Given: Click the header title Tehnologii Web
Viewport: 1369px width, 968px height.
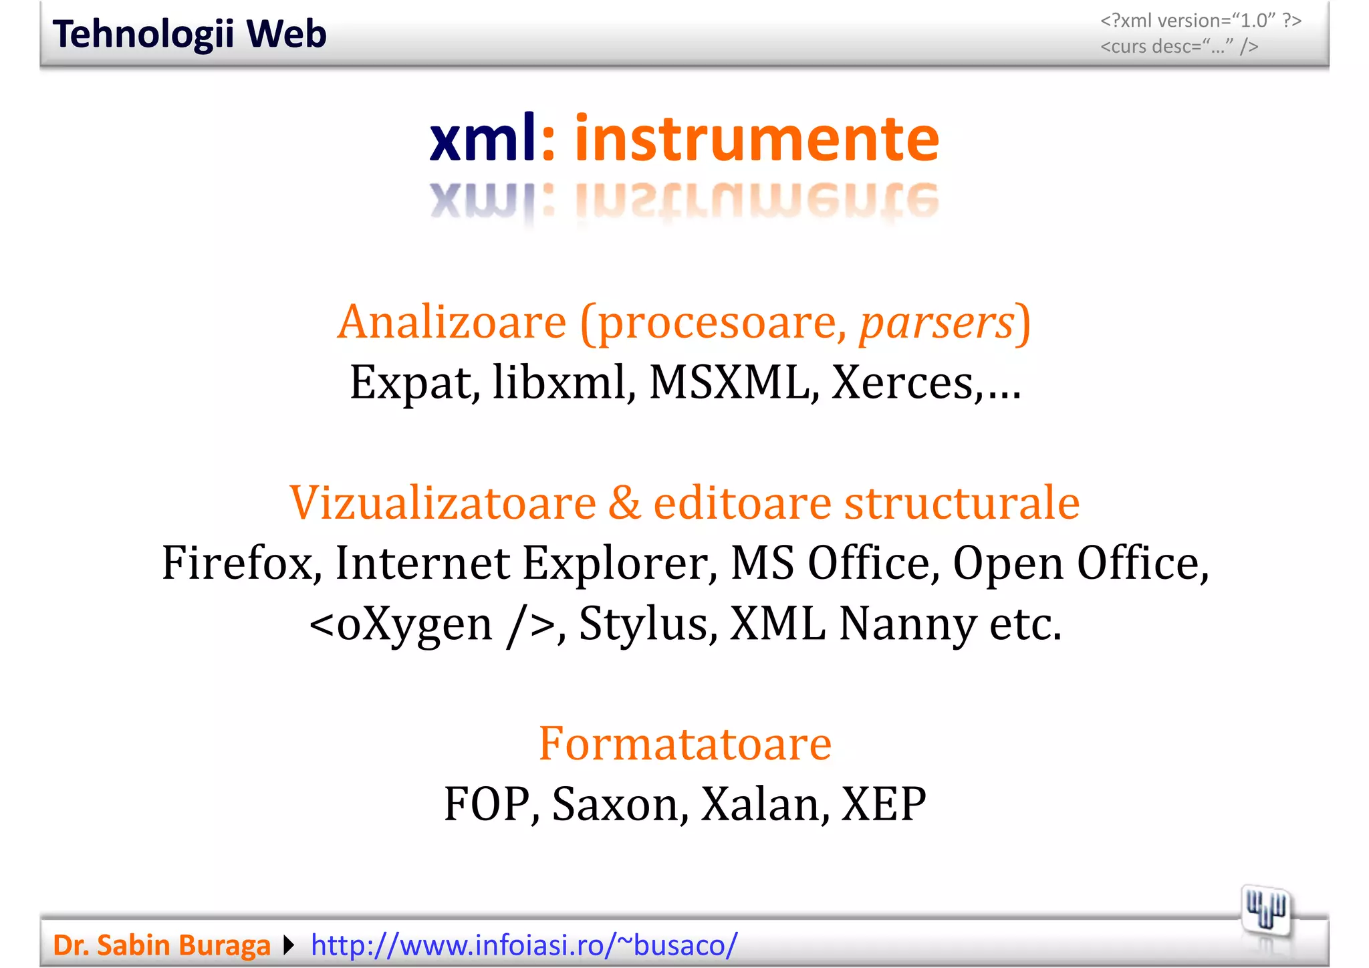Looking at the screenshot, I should (189, 34).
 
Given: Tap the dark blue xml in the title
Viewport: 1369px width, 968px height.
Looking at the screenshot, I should (483, 138).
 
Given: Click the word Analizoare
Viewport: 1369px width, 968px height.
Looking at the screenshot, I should (452, 323).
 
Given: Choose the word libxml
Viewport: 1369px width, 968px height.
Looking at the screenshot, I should (559, 384).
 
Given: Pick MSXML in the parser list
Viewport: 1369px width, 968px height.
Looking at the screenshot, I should (729, 384).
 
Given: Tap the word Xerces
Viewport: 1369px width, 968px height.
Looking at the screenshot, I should (902, 384).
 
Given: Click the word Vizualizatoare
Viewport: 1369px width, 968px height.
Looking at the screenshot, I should (443, 503).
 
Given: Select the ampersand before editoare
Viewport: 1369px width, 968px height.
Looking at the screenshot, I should (624, 503).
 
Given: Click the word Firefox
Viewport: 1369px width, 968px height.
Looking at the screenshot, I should (237, 563).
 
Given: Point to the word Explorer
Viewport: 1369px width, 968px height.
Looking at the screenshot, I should (614, 563).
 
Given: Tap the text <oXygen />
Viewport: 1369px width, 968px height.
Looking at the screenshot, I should (432, 624).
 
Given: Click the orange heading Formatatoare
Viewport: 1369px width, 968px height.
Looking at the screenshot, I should (685, 743).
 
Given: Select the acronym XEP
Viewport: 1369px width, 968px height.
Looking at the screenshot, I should (884, 804).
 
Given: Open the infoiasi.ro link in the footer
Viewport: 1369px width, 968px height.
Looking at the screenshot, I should (524, 945).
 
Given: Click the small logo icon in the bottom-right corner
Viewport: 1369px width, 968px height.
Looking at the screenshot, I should (1265, 910).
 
